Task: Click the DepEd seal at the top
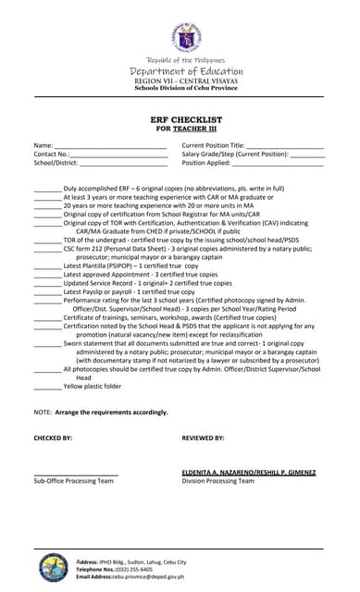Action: (186, 38)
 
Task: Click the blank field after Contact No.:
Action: (118, 155)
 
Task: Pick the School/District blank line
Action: (123, 164)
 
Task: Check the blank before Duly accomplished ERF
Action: (47, 189)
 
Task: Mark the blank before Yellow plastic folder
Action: (47, 387)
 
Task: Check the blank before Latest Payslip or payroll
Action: (47, 291)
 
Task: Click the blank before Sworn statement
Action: (47, 343)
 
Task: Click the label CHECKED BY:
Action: (53, 438)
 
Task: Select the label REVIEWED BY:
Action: (203, 438)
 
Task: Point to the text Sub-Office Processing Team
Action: (73, 481)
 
